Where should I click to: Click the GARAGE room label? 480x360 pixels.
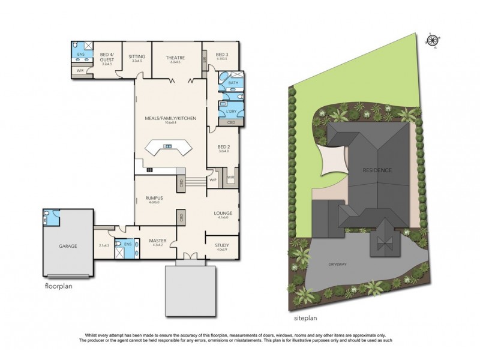[68, 245]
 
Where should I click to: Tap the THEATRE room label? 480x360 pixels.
[175, 58]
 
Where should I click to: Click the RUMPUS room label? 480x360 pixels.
[155, 197]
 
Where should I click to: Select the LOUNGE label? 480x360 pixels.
[223, 213]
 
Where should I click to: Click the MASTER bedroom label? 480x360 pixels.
[157, 241]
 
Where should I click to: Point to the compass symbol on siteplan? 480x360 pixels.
[431, 41]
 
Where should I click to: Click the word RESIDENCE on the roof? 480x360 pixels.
[377, 170]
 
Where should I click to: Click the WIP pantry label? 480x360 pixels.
[212, 179]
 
